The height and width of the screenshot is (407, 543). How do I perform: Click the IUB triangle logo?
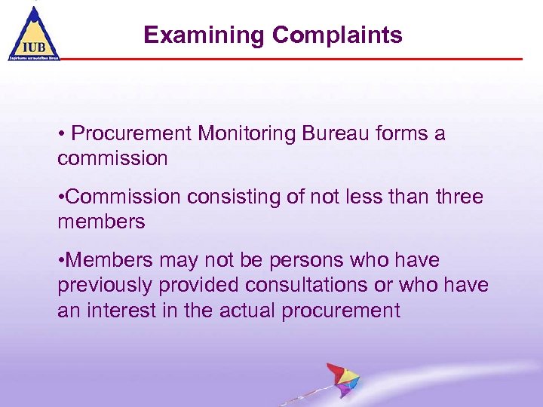[x=33, y=34]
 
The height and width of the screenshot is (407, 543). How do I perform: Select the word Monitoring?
[x=245, y=134]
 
